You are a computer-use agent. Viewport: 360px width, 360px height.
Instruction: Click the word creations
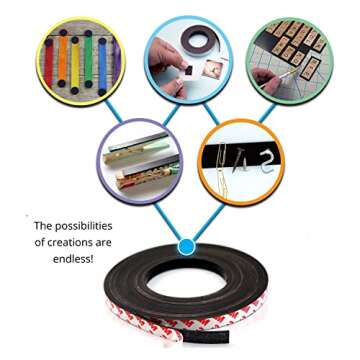75,243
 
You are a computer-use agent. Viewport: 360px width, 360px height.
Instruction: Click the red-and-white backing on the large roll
180,335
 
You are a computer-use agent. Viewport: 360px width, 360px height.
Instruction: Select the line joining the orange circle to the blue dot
209,214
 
